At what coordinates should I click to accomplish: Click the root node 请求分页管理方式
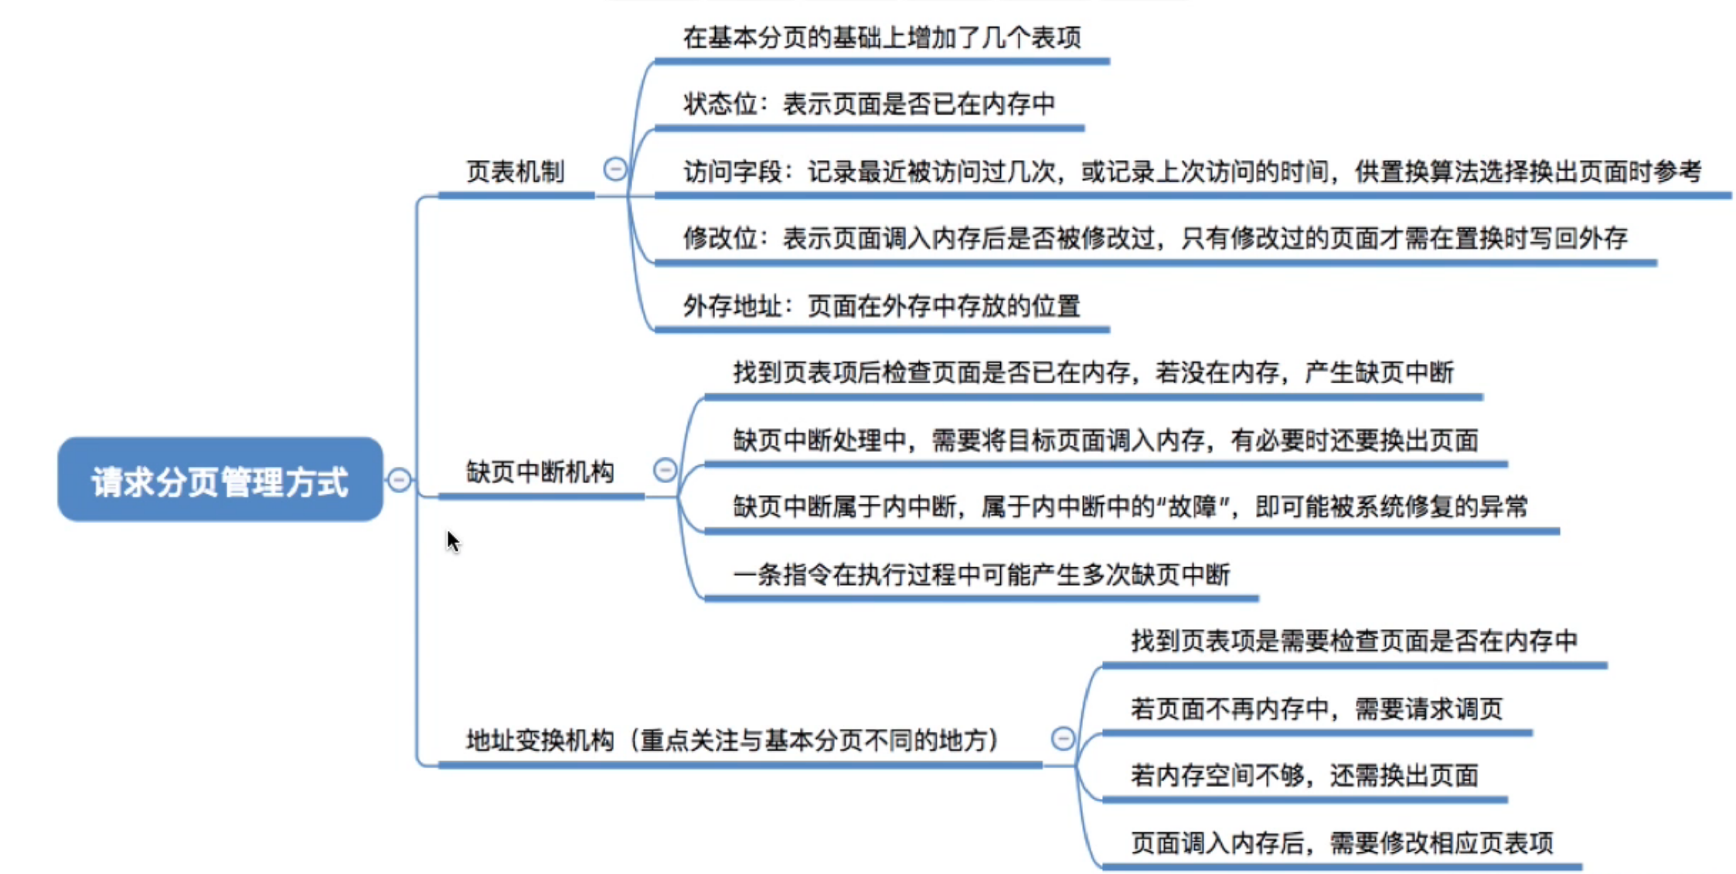pyautogui.click(x=220, y=481)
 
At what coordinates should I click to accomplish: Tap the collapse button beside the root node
pyautogui.click(x=399, y=480)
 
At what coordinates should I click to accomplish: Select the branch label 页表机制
pyautogui.click(x=515, y=172)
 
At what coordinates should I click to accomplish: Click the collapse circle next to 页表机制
pyautogui.click(x=615, y=168)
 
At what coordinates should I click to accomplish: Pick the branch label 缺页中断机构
pyautogui.click(x=540, y=471)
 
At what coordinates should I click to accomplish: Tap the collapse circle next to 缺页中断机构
pyautogui.click(x=665, y=470)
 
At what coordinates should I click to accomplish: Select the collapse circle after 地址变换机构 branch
pyautogui.click(x=1063, y=738)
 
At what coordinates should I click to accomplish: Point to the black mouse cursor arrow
pyautogui.click(x=452, y=540)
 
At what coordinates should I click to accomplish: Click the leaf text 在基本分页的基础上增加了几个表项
pyautogui.click(x=881, y=37)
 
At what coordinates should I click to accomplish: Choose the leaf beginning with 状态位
pyautogui.click(x=869, y=104)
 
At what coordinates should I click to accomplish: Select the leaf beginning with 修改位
pyautogui.click(x=1155, y=238)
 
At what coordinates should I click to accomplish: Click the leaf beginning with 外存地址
pyautogui.click(x=881, y=306)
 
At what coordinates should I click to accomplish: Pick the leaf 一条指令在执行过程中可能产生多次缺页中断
pyautogui.click(x=981, y=574)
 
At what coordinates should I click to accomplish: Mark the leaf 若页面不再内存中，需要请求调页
pyautogui.click(x=1316, y=708)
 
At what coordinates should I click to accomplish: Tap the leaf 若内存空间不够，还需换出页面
pyautogui.click(x=1304, y=774)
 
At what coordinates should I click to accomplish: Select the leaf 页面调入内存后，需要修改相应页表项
pyautogui.click(x=1342, y=842)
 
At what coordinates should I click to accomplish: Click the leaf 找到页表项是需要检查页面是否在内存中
pyautogui.click(x=1353, y=641)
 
